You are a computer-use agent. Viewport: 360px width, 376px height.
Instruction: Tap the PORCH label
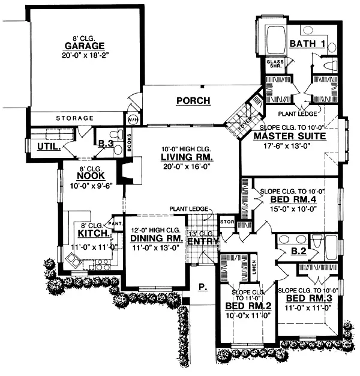193,101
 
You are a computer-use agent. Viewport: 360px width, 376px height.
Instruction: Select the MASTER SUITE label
289,136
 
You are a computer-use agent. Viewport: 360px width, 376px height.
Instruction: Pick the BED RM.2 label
248,306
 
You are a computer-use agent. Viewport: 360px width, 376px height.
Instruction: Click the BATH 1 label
307,44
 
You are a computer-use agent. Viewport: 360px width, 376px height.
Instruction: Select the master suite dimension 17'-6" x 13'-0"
289,145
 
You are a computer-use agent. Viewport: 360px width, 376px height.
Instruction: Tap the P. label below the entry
203,287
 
